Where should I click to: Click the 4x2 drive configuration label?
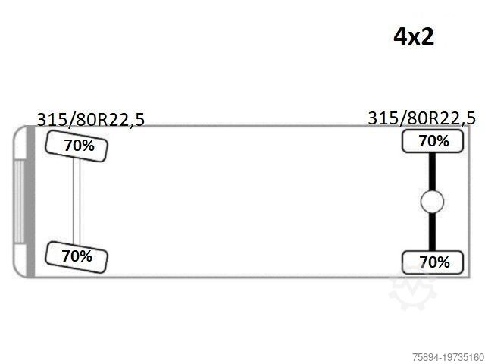click(414, 36)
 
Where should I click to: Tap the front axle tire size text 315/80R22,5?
click(91, 120)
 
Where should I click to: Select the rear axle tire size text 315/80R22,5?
click(421, 118)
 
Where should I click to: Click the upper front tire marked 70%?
click(77, 146)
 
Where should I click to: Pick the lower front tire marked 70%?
click(77, 257)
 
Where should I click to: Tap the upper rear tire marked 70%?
click(433, 141)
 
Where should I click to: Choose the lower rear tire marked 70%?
click(433, 262)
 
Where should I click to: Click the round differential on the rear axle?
click(432, 202)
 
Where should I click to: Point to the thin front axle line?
click(77, 201)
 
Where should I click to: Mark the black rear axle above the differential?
click(432, 171)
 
